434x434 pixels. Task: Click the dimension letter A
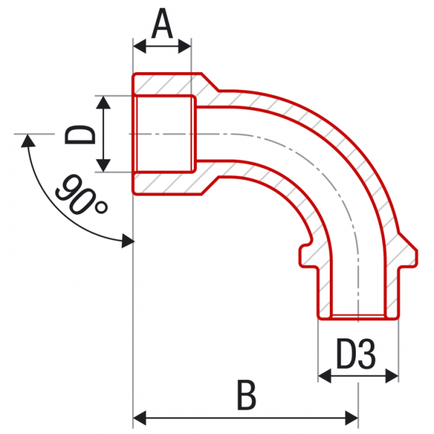click(x=162, y=23)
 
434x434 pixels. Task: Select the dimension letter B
click(x=246, y=395)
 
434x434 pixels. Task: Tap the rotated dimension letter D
click(x=80, y=134)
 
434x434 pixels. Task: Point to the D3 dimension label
click(x=357, y=354)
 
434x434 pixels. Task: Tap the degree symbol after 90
click(x=101, y=208)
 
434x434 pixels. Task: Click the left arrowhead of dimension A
click(x=140, y=46)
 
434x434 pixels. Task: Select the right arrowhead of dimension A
click(x=184, y=46)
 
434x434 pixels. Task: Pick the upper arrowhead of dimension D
click(x=103, y=102)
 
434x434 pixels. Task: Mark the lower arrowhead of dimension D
click(x=103, y=166)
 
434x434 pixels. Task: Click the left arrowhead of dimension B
click(x=140, y=418)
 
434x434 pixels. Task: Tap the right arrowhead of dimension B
click(x=352, y=418)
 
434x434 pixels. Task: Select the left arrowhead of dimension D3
click(x=324, y=376)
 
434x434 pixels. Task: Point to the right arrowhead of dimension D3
click(x=392, y=376)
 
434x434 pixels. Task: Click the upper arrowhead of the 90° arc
click(x=28, y=141)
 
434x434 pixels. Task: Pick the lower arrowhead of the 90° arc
click(x=128, y=241)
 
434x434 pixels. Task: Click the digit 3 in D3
click(x=367, y=354)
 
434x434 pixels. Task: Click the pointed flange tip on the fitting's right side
click(x=416, y=258)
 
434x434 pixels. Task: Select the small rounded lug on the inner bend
click(x=304, y=254)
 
